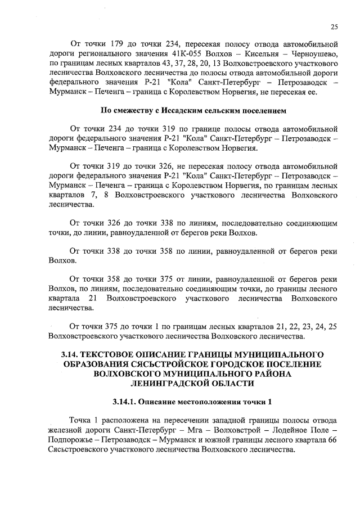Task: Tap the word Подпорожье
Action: point(72,441)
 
